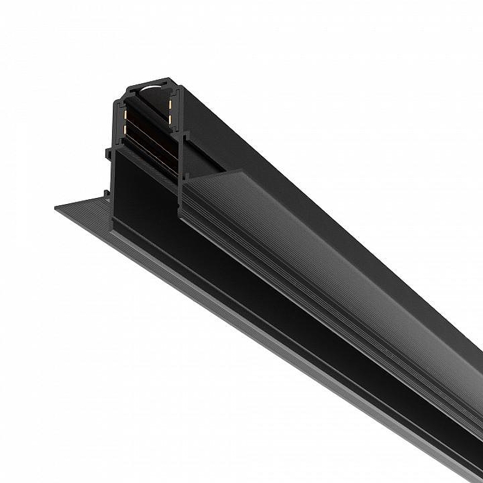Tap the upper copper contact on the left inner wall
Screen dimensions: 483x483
(125, 115)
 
